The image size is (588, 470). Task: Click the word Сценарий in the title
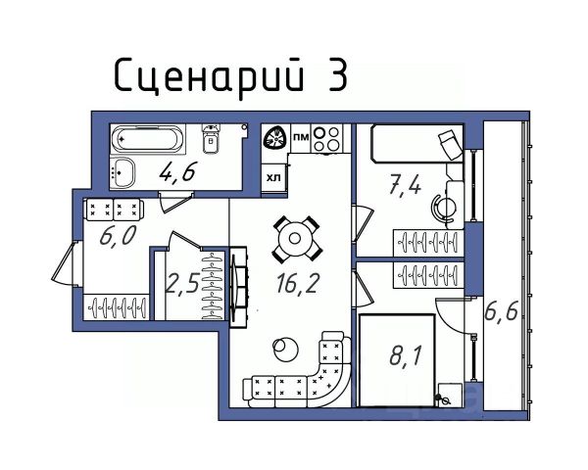point(204,75)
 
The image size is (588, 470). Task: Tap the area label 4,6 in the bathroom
point(177,173)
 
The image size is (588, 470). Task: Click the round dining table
point(293,236)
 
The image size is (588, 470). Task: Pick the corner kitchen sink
point(275,139)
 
